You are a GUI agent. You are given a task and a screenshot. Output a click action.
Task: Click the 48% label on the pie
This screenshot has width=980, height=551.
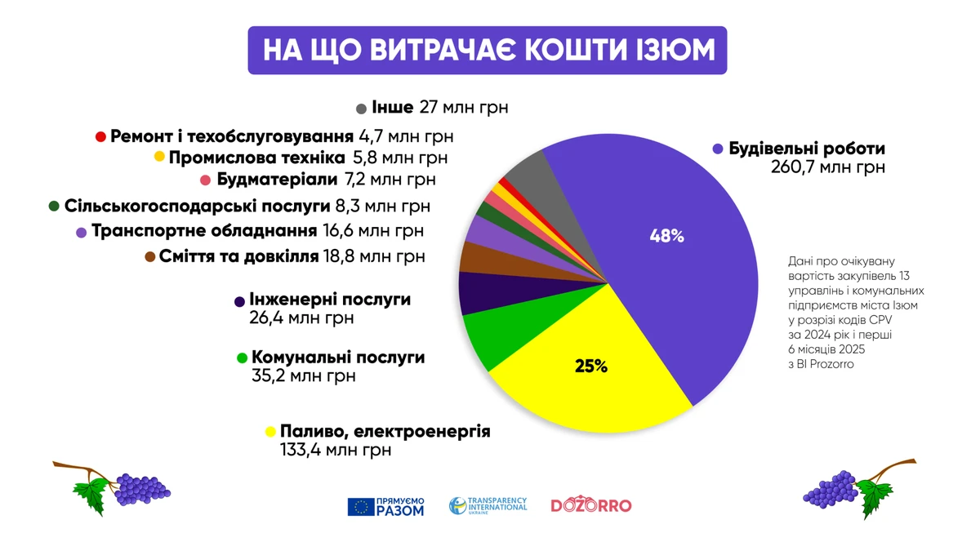coord(666,237)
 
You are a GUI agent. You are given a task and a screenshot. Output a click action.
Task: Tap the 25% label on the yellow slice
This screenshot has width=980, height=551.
coord(591,367)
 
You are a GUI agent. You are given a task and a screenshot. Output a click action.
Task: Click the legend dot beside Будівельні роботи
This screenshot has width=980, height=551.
coord(718,149)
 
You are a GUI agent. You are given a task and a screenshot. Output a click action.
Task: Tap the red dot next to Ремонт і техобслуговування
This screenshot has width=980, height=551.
coord(100,136)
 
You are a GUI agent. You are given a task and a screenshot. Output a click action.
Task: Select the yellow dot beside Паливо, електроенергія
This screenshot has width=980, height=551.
coord(269,431)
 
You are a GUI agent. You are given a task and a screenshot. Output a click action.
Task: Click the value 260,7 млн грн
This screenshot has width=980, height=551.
coord(828,169)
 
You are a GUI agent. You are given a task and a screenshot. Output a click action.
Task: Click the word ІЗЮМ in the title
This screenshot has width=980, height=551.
coord(673,51)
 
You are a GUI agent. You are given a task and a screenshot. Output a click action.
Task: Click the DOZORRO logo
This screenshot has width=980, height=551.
coord(590,506)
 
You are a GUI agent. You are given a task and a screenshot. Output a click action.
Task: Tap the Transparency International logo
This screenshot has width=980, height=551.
coord(488,506)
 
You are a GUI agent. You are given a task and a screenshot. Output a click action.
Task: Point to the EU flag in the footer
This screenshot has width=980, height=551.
coord(361,507)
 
